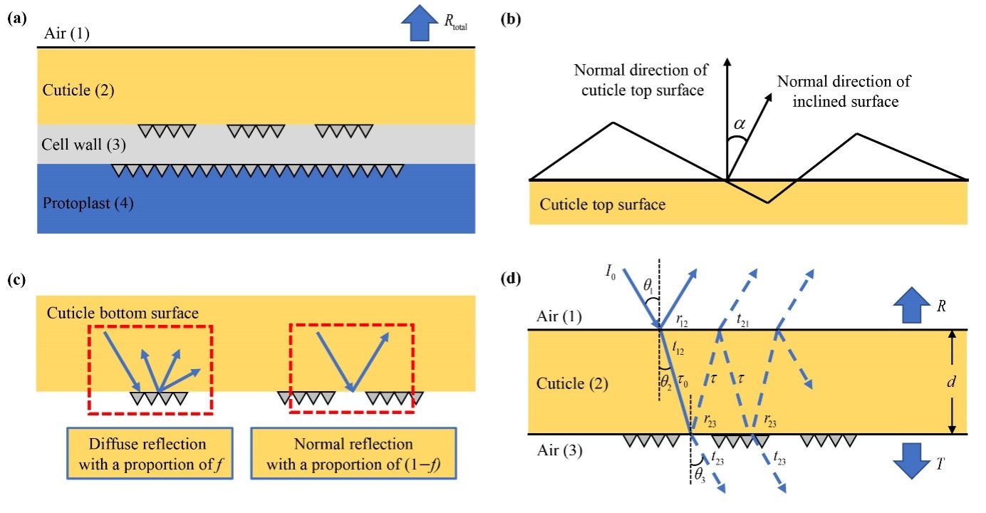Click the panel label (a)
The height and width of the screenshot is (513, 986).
tap(16, 19)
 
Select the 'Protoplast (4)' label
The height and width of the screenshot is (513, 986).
tap(88, 204)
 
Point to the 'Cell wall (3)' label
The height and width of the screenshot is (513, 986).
tap(84, 146)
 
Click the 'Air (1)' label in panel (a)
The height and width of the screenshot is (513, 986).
tap(67, 33)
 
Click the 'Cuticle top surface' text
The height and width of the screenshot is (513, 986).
tap(603, 205)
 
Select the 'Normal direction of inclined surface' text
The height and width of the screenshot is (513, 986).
tap(838, 91)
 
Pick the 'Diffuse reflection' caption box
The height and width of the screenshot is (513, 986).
tap(150, 453)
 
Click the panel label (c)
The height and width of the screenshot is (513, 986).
tap(16, 279)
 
